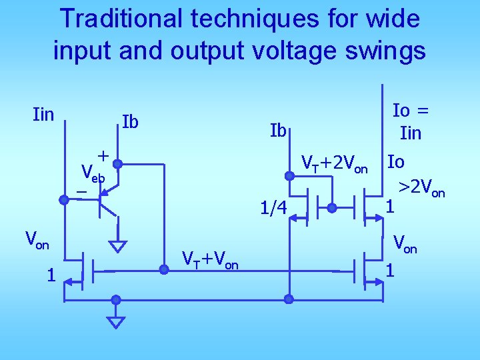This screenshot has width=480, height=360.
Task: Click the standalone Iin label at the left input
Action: (43, 115)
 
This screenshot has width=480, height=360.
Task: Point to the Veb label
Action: (92, 173)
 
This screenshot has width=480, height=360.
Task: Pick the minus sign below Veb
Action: (81, 192)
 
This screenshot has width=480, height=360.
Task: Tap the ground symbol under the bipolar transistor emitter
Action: (118, 246)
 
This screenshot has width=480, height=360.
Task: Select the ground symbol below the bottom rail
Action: (116, 323)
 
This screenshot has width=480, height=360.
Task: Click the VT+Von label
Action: (210, 260)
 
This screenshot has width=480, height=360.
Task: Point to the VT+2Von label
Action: (335, 163)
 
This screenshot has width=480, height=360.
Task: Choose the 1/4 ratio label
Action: (273, 210)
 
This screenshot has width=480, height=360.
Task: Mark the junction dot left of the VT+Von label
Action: (163, 269)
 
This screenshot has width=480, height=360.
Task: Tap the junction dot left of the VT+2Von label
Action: (289, 176)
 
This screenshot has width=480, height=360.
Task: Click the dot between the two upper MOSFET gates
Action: (332, 208)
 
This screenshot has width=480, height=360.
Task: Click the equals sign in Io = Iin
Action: (423, 110)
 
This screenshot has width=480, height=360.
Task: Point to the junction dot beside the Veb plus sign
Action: (116, 161)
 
